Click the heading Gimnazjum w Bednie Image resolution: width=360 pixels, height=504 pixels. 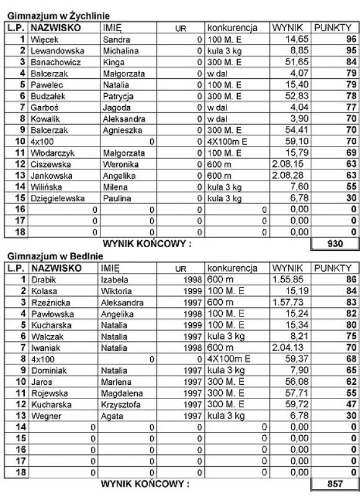click(46, 255)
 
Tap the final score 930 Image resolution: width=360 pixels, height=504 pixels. click(335, 245)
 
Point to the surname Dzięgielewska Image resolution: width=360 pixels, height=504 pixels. click(59, 199)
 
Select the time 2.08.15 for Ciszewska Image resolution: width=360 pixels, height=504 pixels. click(287, 164)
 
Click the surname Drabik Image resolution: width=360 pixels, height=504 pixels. click(42, 279)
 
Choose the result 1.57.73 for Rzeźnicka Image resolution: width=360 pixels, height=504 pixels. click(287, 302)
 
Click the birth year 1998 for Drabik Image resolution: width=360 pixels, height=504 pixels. click(191, 279)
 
